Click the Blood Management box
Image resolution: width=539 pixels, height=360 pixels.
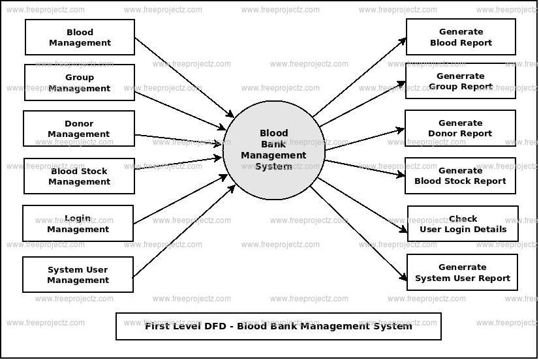pos(80,37)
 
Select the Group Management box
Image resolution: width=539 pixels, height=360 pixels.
pos(80,82)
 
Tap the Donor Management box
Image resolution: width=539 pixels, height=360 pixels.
pos(79,128)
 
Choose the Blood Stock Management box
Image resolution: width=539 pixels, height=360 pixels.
pos(79,176)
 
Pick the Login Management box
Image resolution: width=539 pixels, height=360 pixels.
pos(78,224)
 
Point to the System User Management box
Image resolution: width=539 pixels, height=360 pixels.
pos(78,275)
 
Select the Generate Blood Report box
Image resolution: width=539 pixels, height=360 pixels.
pos(461,37)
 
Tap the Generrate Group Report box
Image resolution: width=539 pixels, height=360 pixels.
pos(460,81)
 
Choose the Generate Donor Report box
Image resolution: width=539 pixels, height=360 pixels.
pos(460,128)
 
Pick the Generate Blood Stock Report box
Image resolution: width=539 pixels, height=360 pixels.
pos(460,175)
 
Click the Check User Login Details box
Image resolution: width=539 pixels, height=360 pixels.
pos(463,224)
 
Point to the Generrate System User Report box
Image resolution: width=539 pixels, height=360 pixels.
pos(462,272)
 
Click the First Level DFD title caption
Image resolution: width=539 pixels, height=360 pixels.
pos(278,326)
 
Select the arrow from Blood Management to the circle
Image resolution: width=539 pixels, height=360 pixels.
pos(184,77)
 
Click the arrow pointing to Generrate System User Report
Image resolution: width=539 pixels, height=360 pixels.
pos(359,233)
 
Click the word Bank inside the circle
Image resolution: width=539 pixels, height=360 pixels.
pos(273,144)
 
